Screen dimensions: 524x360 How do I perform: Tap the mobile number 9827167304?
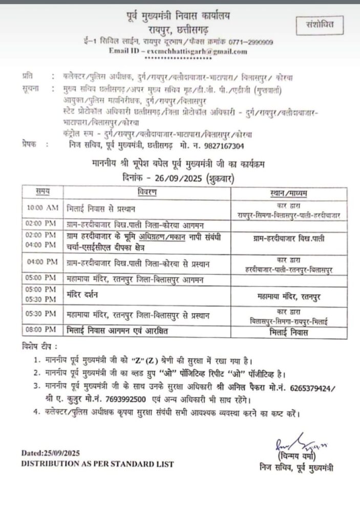[x=222, y=144]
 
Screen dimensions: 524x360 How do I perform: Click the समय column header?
[x=42, y=192]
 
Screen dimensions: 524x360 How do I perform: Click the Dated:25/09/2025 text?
[x=51, y=453]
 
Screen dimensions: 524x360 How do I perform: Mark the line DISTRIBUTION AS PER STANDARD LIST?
[x=97, y=464]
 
